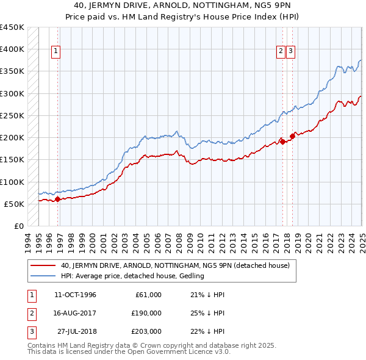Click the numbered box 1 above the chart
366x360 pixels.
[x=56, y=52]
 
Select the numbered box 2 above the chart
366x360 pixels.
[x=281, y=52]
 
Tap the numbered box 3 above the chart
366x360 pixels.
[x=290, y=52]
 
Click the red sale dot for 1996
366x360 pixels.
[x=57, y=198]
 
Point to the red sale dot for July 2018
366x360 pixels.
[x=293, y=136]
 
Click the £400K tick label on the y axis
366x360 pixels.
[x=12, y=49]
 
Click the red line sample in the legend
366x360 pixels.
[x=42, y=265]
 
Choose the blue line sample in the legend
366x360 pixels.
[x=42, y=276]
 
